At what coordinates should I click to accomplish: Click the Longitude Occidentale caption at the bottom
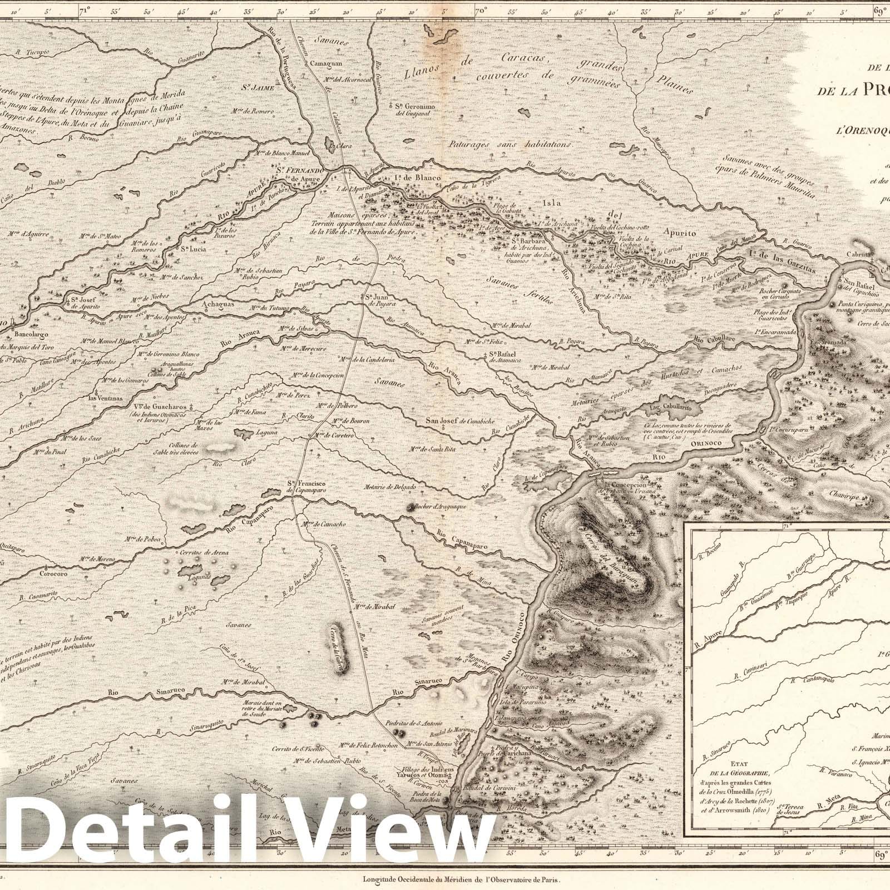(x=459, y=881)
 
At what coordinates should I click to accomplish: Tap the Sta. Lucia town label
(x=193, y=249)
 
